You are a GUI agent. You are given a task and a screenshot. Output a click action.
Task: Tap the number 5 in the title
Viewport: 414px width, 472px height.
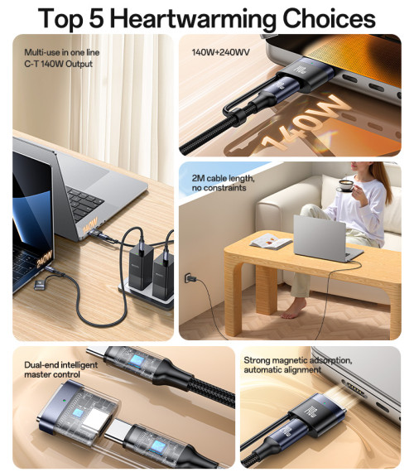[x=96, y=18]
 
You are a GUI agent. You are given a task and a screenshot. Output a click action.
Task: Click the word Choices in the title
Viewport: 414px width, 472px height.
[x=329, y=18]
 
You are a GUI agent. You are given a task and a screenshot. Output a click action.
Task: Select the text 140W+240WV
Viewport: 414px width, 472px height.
[x=221, y=52]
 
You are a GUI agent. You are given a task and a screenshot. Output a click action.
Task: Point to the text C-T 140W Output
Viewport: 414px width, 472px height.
[x=59, y=64]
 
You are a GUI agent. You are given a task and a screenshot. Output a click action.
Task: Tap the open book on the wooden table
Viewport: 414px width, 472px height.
[x=271, y=242]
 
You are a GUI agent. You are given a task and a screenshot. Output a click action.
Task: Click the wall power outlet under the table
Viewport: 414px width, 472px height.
[x=189, y=278]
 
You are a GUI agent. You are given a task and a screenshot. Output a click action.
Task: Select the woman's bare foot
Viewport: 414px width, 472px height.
[x=293, y=310]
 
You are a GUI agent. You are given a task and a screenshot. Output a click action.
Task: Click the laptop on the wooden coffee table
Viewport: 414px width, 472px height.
[x=325, y=238]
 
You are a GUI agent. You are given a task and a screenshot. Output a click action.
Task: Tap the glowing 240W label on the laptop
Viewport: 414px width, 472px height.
[x=45, y=259]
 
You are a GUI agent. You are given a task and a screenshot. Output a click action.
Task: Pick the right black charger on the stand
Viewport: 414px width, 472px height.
[x=163, y=276]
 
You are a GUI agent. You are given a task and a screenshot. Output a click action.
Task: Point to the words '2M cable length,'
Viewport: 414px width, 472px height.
[x=223, y=178]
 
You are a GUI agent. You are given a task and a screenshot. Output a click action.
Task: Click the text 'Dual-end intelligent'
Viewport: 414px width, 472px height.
[x=60, y=365]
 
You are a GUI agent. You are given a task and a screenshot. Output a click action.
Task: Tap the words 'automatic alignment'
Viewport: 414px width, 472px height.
[x=282, y=369]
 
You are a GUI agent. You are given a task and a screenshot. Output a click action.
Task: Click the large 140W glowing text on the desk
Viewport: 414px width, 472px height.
[x=304, y=124]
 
